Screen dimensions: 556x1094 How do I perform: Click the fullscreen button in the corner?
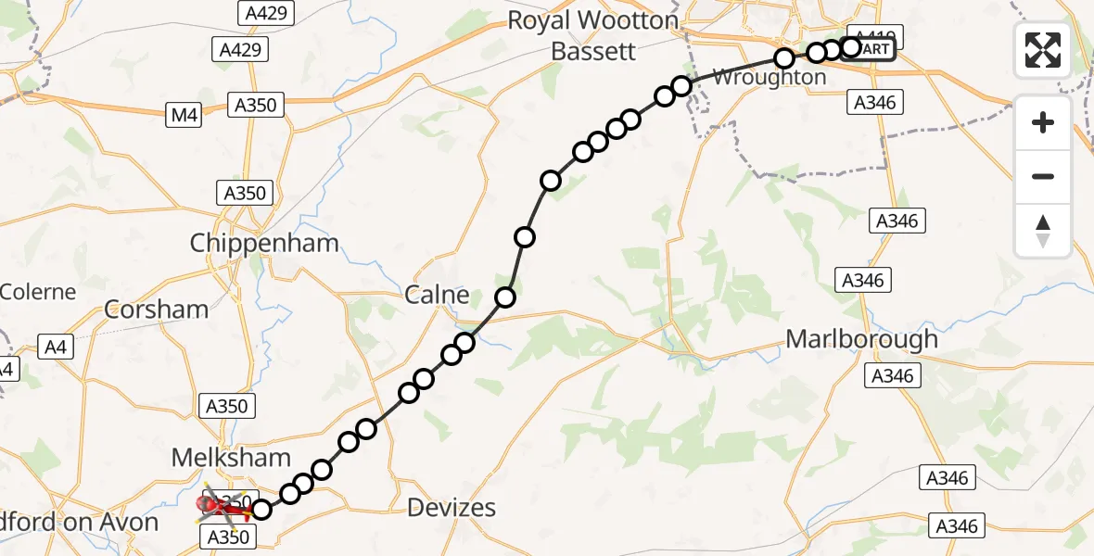(1043, 50)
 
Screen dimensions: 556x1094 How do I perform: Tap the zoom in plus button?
(1043, 122)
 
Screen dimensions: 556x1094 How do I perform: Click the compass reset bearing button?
(1043, 231)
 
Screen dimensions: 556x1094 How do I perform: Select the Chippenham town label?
(264, 244)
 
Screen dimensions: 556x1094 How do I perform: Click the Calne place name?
(438, 296)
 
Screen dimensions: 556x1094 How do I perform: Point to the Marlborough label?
(861, 339)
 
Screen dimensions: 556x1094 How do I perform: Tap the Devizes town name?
(452, 508)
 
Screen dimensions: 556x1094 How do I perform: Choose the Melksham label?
(231, 457)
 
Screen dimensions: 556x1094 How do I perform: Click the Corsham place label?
(157, 310)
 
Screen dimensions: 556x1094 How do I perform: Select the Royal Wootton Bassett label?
(592, 35)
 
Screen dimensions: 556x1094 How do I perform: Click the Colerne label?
(38, 292)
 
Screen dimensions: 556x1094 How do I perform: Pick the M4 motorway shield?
(184, 116)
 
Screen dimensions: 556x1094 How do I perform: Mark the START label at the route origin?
(874, 48)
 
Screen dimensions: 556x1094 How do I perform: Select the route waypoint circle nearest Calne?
(505, 297)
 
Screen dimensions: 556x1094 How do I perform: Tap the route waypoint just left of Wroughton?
(681, 86)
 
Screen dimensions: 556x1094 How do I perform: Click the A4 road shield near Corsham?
(57, 347)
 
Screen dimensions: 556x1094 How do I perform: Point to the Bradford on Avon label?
(79, 523)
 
